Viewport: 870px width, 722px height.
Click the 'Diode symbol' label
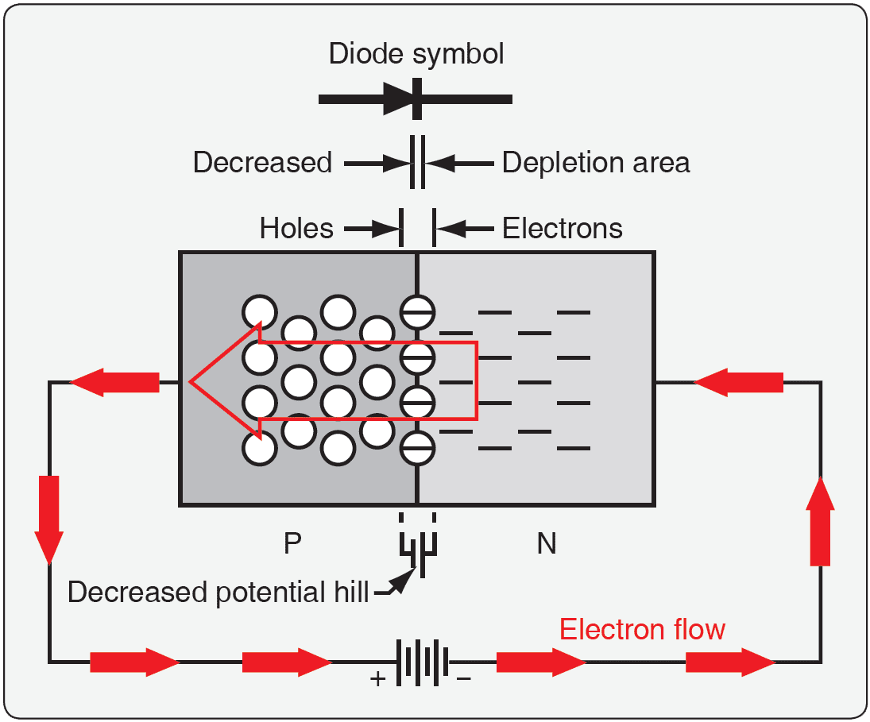click(416, 54)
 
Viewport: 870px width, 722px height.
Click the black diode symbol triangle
click(398, 99)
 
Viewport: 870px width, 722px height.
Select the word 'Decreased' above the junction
click(262, 163)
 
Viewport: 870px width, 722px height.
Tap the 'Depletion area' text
click(596, 163)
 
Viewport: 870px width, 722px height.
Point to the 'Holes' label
click(296, 229)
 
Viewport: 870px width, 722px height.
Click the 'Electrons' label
click(563, 229)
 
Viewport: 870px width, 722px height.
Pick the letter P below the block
click(292, 544)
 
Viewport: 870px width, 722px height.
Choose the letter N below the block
click(547, 544)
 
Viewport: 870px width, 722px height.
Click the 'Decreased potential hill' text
click(218, 593)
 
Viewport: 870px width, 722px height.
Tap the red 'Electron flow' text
click(642, 630)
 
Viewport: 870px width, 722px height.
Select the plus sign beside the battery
click(378, 679)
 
